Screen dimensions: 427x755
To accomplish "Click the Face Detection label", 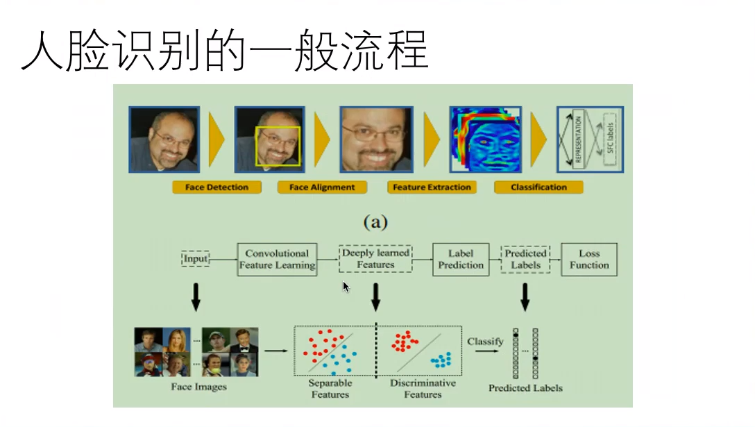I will [217, 187].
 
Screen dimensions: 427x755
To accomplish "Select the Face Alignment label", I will [322, 187].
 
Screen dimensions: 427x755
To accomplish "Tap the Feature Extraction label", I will [432, 187].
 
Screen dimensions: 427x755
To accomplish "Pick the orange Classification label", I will [538, 187].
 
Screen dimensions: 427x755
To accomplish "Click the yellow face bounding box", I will [278, 146].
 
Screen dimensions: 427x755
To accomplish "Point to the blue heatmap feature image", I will [484, 139].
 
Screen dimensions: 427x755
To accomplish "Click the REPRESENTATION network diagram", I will [590, 139].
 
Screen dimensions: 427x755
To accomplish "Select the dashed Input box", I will [196, 259].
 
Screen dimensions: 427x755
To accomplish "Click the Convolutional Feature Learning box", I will [277, 259].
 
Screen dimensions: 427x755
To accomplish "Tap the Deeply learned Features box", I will [375, 259].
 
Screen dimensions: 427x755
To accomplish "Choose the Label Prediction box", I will [461, 259].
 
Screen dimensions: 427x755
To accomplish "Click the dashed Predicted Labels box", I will [525, 259].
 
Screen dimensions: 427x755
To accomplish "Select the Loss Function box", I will [589, 259].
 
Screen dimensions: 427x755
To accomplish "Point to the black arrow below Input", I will [196, 296].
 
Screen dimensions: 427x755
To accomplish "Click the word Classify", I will [485, 342].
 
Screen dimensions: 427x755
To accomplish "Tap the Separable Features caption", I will [330, 389].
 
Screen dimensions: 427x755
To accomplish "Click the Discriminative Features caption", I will [423, 389].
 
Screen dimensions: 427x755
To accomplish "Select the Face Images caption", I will [198, 387].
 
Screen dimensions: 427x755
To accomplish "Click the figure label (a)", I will [375, 222].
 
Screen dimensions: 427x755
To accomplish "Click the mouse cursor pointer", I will [346, 287].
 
